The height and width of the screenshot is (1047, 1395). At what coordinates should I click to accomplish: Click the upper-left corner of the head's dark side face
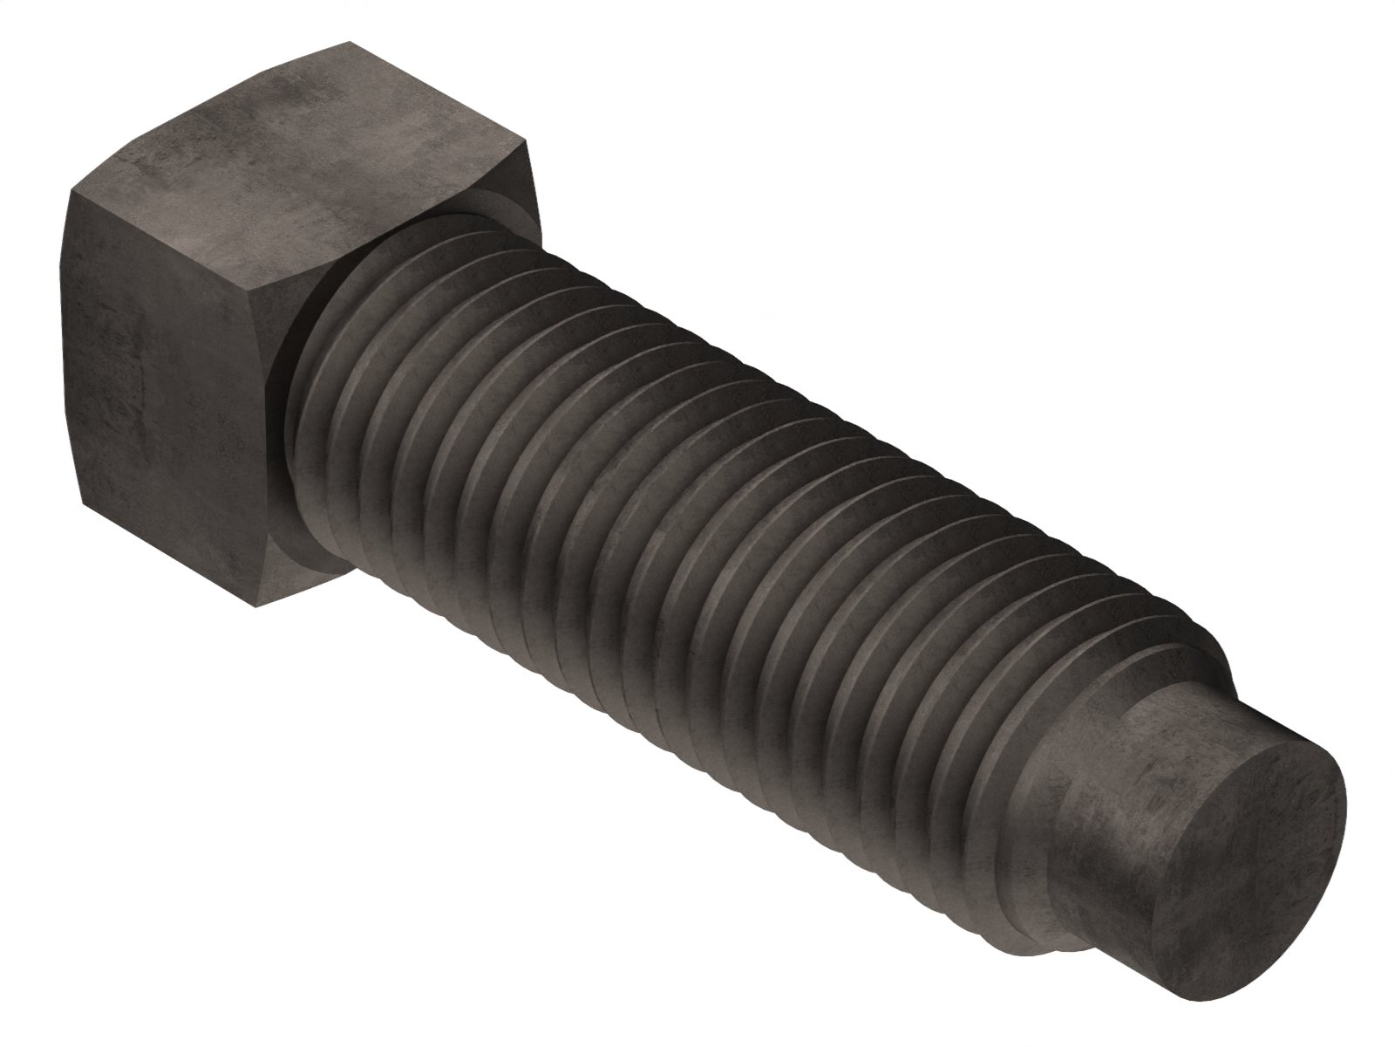69,197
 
